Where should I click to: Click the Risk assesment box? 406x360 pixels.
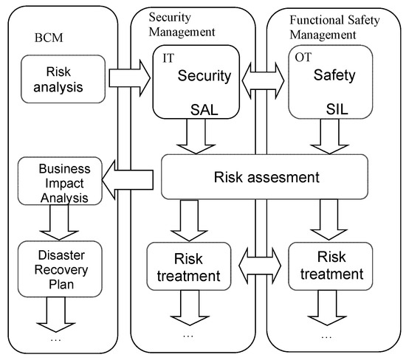264,177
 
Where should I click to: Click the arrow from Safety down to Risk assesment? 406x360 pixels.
326,137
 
